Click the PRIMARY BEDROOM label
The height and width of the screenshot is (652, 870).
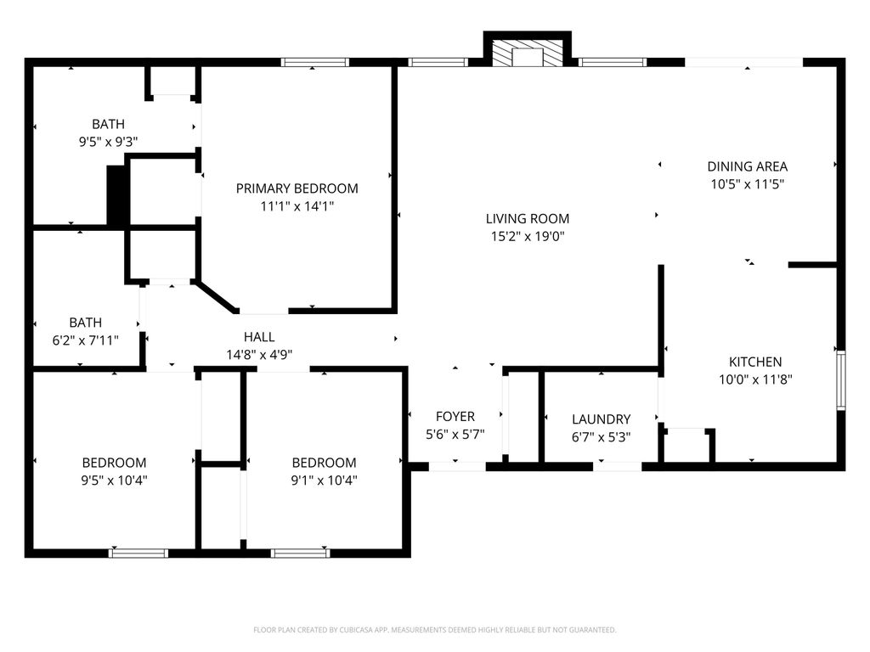point(297,188)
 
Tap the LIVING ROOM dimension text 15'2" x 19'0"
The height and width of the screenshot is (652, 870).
point(527,237)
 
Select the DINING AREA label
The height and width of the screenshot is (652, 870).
point(748,166)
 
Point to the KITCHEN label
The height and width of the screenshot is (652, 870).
point(755,362)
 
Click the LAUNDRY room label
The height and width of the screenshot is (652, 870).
point(601,419)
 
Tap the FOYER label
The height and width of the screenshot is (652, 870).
point(455,416)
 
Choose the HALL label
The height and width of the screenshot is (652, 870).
point(259,337)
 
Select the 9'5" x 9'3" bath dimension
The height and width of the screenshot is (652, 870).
point(108,142)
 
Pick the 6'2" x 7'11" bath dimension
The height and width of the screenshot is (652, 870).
point(86,340)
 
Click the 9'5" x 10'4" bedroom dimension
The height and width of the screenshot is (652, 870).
point(115,481)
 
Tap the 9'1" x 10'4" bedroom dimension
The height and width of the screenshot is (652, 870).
point(324,481)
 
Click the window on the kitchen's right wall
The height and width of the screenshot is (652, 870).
point(841,380)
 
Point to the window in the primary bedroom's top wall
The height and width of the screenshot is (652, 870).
point(314,62)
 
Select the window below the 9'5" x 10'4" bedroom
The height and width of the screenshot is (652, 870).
point(138,553)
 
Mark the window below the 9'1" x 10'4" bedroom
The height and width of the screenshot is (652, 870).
point(300,553)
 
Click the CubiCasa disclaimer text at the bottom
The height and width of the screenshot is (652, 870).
point(434,630)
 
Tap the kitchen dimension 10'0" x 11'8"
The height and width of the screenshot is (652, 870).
point(755,379)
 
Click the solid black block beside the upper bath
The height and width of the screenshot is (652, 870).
point(116,195)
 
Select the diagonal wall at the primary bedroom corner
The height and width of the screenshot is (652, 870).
point(216,296)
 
